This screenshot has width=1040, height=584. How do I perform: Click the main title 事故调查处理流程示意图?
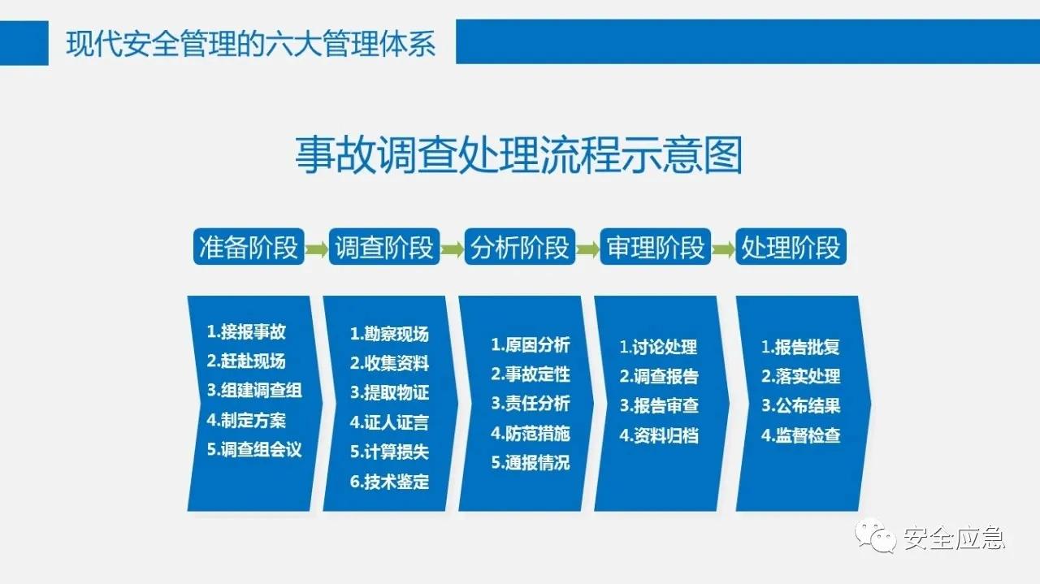(518, 155)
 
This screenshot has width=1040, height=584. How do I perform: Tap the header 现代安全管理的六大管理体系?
(251, 42)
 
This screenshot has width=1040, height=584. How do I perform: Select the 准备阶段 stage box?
(249, 247)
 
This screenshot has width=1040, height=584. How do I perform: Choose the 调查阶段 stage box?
(384, 247)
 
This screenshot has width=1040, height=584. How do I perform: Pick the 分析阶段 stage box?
(520, 247)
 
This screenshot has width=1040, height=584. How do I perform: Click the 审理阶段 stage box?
(656, 247)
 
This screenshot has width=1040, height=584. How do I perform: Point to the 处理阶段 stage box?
(791, 247)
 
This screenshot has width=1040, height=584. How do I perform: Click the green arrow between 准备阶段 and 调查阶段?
(317, 248)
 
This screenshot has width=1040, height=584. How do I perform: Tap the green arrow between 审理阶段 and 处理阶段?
(723, 248)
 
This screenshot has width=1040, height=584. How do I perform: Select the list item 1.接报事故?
(246, 331)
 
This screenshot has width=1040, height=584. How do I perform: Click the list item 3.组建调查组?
(254, 390)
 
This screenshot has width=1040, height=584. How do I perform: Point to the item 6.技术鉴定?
(389, 482)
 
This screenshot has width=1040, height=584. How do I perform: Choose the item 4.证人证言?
(389, 422)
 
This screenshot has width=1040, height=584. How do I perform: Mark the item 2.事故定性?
(531, 374)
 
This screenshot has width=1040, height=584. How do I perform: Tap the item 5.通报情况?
(531, 463)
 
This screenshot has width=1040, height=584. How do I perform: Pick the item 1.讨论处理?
(658, 347)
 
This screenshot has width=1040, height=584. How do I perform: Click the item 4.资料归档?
(658, 435)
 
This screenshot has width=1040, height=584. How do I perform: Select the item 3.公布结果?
(800, 405)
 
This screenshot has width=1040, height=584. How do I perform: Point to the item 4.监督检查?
(800, 435)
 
